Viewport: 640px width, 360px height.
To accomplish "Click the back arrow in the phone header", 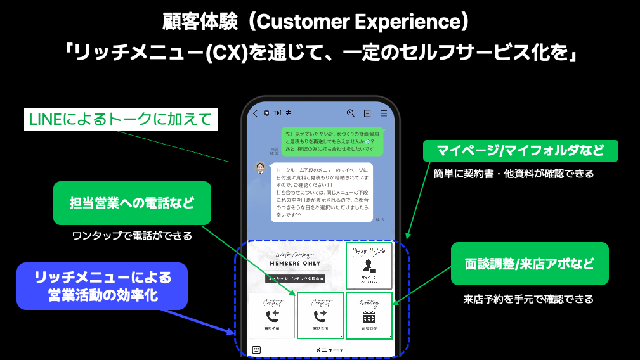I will [x=255, y=113].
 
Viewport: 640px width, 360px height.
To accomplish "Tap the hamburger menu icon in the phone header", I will [x=384, y=113].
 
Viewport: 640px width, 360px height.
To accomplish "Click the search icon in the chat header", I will [x=351, y=113].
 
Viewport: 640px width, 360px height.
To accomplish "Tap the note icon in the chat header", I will [x=367, y=113].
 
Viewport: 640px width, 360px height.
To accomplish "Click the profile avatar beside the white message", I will [x=260, y=168].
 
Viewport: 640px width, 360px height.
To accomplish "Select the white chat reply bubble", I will [x=321, y=192].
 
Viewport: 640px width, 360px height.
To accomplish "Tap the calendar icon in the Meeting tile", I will [x=369, y=317].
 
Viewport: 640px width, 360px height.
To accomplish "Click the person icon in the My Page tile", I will [x=369, y=267].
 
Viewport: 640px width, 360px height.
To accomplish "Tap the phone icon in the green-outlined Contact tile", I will [x=320, y=316].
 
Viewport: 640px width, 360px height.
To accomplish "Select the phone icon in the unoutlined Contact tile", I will [x=272, y=316].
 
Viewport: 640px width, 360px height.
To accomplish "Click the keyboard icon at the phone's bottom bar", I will [x=256, y=349].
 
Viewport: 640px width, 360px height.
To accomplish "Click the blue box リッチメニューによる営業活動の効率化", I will [x=103, y=286].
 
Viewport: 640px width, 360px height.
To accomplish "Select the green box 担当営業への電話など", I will [x=132, y=203].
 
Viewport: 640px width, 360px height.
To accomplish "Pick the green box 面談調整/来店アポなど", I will [x=530, y=264].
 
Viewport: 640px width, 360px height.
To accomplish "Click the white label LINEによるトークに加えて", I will [x=120, y=120].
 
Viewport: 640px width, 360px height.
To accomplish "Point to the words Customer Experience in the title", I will [x=357, y=22].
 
